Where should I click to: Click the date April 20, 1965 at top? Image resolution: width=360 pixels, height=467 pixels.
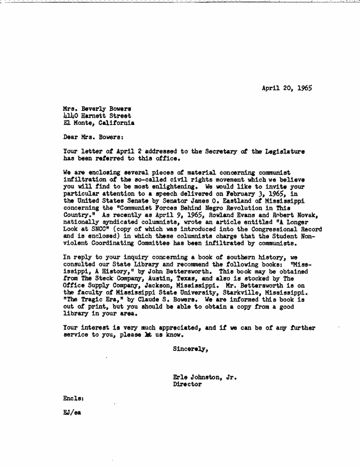point(287,88)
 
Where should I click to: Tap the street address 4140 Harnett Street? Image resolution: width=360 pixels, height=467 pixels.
point(97,116)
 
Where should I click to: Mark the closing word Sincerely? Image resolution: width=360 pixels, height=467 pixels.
point(191,350)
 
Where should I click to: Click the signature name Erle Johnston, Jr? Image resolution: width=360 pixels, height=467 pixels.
point(205,377)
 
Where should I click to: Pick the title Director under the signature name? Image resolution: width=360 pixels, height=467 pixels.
point(187,384)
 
